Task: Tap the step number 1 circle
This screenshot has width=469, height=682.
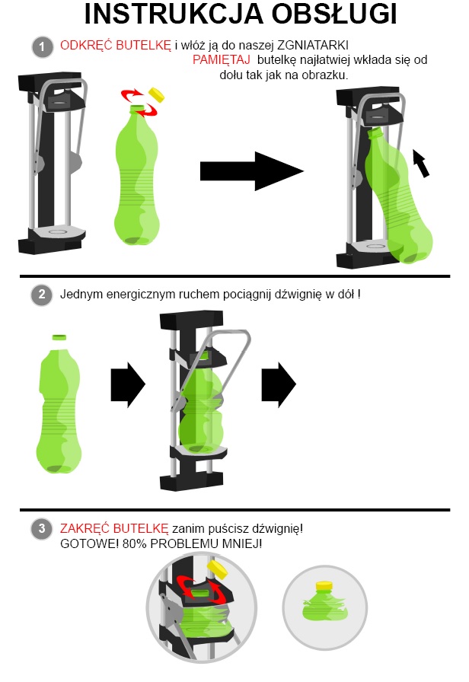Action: click(42, 46)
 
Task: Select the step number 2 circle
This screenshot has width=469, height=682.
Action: click(42, 295)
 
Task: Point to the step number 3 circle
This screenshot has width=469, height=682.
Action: click(42, 529)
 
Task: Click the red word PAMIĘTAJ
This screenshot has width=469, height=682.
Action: click(221, 60)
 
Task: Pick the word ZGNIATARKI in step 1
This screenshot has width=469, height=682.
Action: click(313, 46)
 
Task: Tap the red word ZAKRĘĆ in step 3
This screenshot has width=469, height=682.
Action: click(85, 528)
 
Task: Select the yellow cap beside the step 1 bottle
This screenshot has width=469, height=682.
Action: click(157, 94)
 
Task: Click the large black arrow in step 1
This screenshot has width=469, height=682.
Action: click(252, 171)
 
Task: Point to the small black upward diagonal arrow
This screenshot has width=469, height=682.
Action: click(421, 163)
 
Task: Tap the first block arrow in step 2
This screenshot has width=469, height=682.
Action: click(129, 384)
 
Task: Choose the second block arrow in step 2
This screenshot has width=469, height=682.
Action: click(279, 384)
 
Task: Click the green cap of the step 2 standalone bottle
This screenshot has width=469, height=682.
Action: click(59, 337)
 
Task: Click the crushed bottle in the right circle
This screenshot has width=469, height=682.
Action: click(325, 602)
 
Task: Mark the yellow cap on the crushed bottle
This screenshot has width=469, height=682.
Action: click(324, 586)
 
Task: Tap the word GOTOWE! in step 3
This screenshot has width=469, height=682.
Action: click(89, 544)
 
